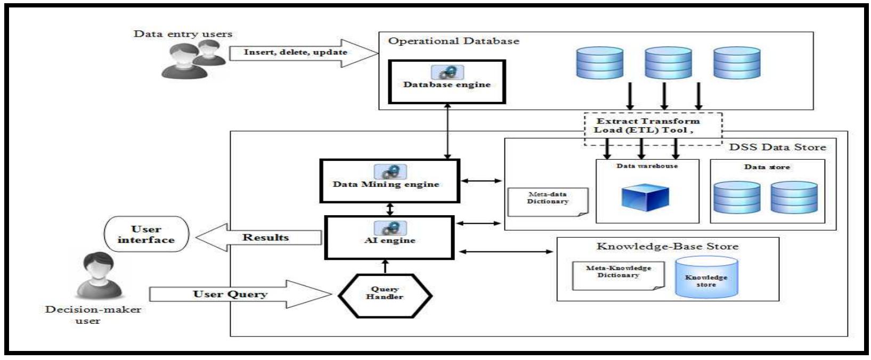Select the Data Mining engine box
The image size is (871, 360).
tap(389, 181)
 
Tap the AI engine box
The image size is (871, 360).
tap(389, 237)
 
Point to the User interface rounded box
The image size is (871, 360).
tap(146, 235)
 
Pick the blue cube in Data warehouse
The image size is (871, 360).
tap(645, 197)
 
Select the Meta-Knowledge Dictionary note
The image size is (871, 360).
tap(618, 275)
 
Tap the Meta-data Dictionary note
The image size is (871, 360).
tap(547, 201)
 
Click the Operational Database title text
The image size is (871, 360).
tap(453, 41)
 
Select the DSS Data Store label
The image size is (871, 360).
tap(777, 147)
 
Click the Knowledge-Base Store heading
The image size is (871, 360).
tap(667, 247)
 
